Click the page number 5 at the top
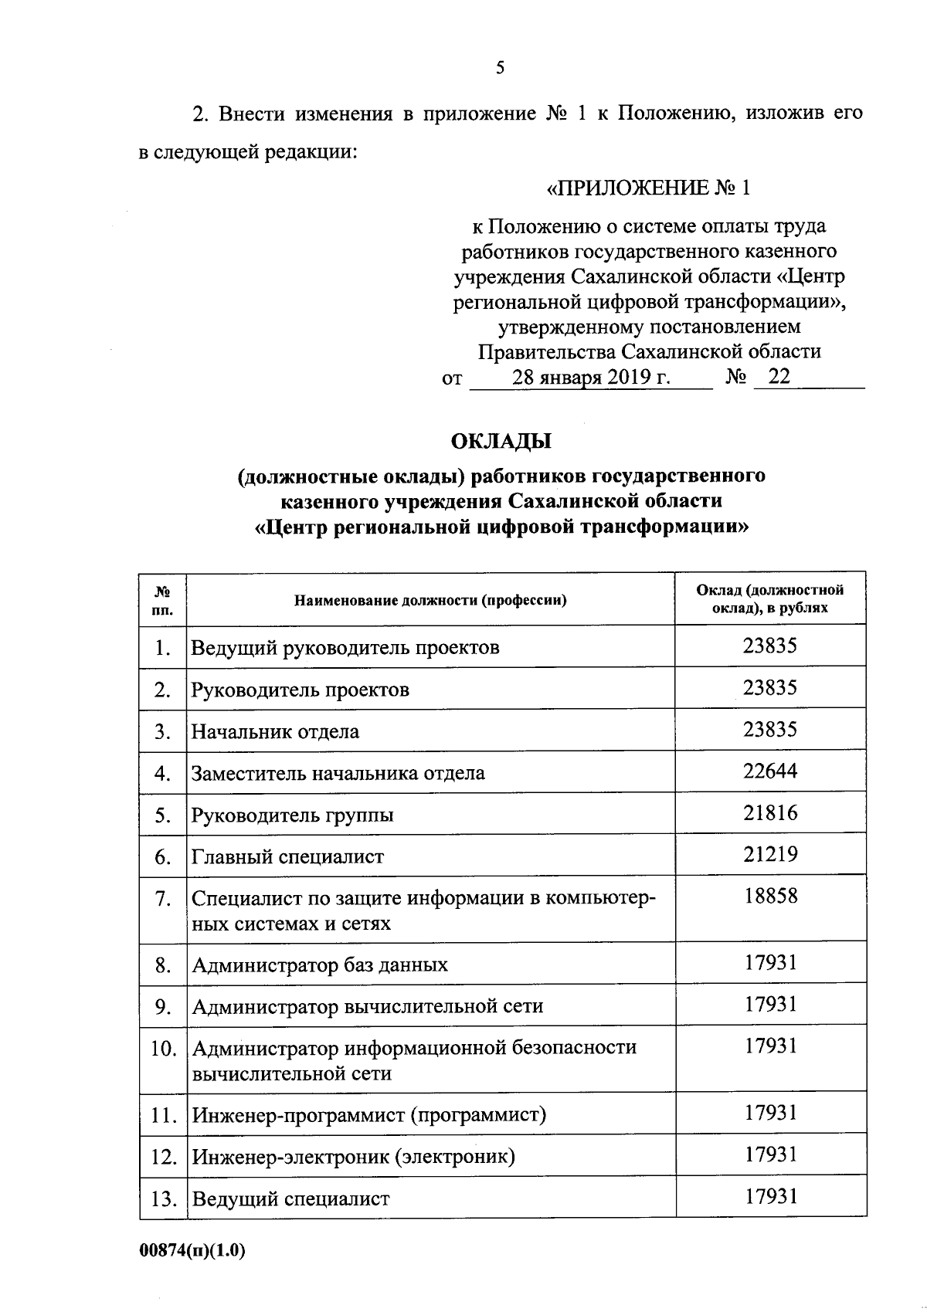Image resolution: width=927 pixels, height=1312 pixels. click(500, 69)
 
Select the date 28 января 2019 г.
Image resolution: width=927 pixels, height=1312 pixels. click(591, 378)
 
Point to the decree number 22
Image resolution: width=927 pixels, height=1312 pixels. click(779, 377)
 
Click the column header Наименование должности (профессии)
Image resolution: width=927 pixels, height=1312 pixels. click(430, 600)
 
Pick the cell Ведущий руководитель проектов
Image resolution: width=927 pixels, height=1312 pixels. click(345, 647)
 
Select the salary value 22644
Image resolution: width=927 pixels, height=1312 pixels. click(770, 771)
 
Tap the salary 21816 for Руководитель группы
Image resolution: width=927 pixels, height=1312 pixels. click(770, 812)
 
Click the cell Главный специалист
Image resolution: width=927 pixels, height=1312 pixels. click(287, 856)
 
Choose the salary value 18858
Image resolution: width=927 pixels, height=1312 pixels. click(770, 896)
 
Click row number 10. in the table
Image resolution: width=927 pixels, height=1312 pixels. click(164, 1049)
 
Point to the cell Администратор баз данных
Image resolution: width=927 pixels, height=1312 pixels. click(320, 965)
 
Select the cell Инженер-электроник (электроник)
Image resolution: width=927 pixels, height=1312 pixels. click(353, 1156)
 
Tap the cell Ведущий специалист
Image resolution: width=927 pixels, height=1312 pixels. click(290, 1198)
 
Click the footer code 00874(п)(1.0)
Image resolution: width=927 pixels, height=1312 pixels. click(192, 1252)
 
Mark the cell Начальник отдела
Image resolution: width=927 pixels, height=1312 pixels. click(275, 731)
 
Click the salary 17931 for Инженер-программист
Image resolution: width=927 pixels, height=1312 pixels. click(770, 1113)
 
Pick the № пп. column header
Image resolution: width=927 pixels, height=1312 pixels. click(163, 600)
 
